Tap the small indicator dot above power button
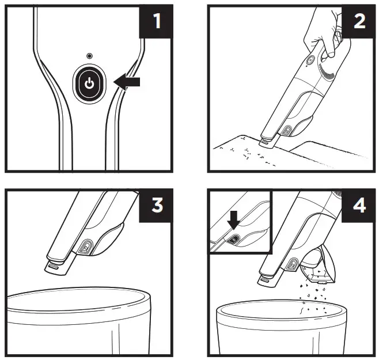click(x=89, y=56)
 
